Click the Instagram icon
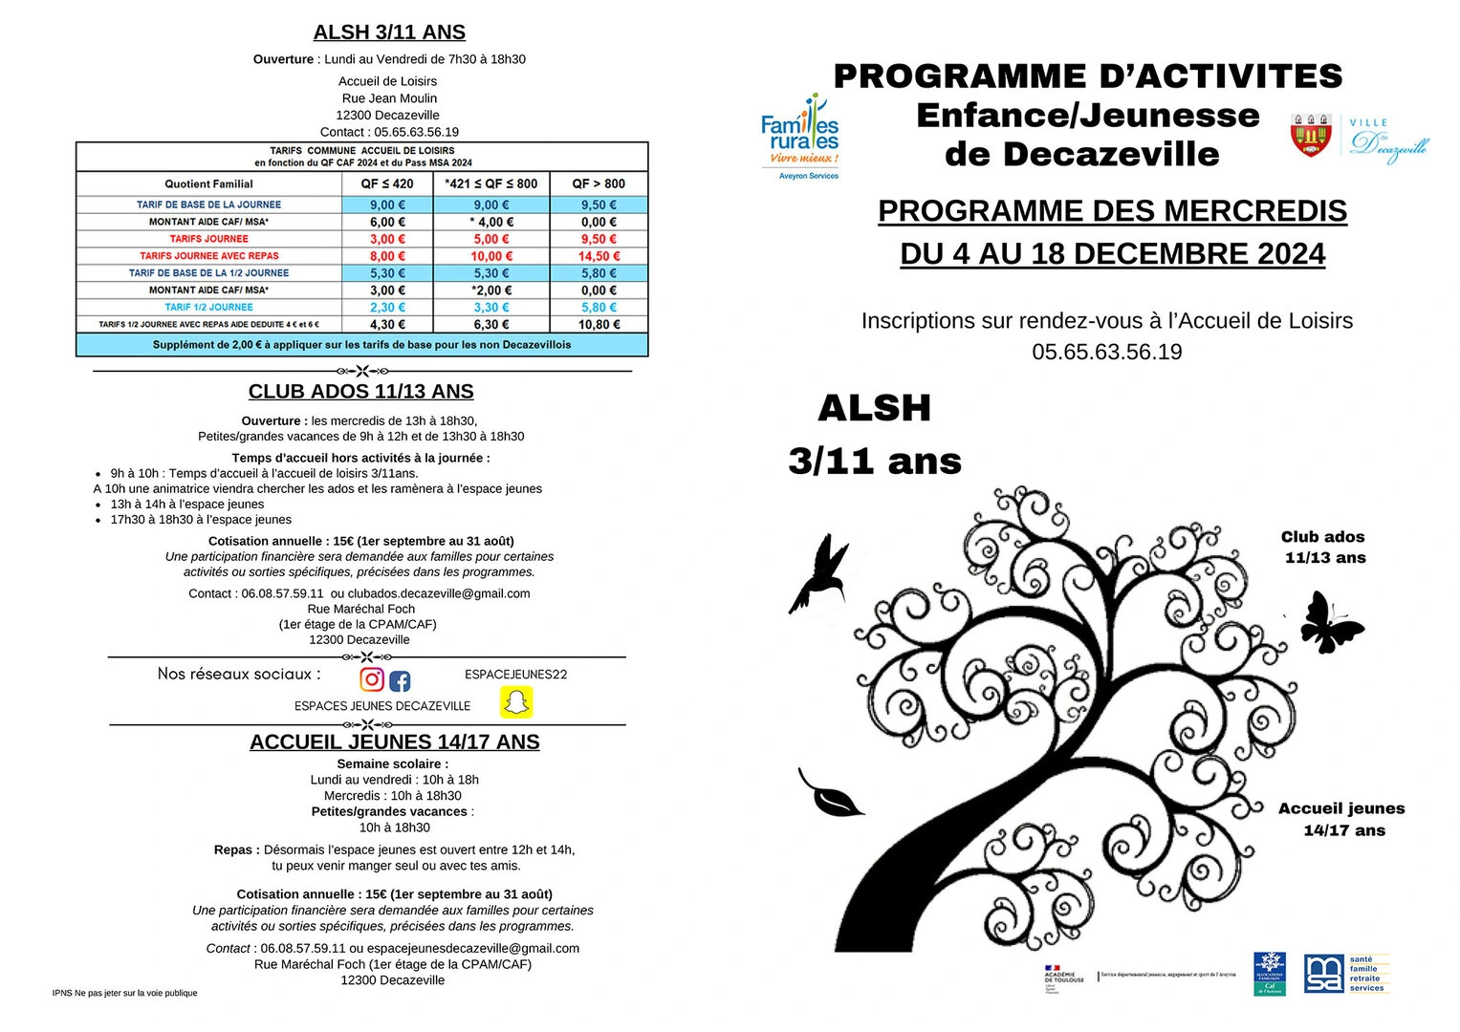372,679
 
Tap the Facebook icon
400,681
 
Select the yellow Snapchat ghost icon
516,702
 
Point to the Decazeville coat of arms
1311,135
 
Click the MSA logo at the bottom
1323,974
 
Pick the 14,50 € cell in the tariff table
599,256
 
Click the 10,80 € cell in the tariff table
599,325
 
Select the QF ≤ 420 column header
387,183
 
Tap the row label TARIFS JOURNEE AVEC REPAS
209,256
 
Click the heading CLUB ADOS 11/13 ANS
360,392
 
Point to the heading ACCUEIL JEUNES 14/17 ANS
394,742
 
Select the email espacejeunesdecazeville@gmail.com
472,949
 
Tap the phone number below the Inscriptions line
1106,353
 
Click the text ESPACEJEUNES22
515,675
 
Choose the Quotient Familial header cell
208,183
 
